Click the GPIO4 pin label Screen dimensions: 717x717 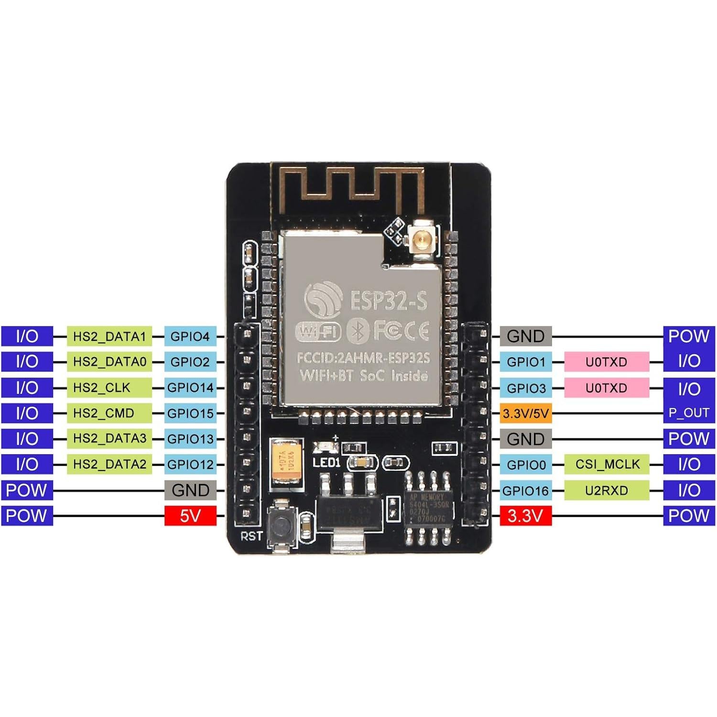point(190,337)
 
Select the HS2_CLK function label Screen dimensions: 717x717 point(109,388)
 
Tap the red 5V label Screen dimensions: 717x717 point(190,516)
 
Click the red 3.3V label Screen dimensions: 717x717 point(525,516)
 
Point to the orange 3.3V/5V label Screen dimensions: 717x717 point(525,413)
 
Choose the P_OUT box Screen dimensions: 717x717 point(689,413)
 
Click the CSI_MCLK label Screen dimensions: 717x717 point(607,464)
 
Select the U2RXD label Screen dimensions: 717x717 point(607,490)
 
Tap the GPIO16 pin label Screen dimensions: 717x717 point(525,490)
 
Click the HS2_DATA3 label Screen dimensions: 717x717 point(109,438)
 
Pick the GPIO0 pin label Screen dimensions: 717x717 point(525,465)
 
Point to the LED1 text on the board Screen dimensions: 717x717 point(326,463)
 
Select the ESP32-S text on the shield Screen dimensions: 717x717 point(388,301)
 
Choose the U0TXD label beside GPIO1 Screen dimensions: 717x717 point(607,362)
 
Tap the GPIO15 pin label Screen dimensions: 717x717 point(190,413)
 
